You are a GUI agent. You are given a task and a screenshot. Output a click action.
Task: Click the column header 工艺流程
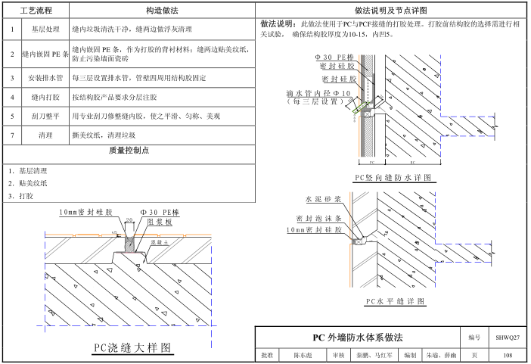(38, 11)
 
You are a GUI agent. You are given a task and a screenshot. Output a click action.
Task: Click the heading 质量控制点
(129, 151)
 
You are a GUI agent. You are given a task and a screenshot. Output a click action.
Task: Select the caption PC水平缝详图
(393, 300)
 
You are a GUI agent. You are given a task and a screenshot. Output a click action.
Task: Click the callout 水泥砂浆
(323, 199)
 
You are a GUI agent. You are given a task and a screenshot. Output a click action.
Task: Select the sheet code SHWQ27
(507, 337)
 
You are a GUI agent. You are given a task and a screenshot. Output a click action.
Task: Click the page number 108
(507, 355)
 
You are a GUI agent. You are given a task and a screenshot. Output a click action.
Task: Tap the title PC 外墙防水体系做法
(358, 337)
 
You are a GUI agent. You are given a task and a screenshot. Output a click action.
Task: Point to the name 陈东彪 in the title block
(301, 355)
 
